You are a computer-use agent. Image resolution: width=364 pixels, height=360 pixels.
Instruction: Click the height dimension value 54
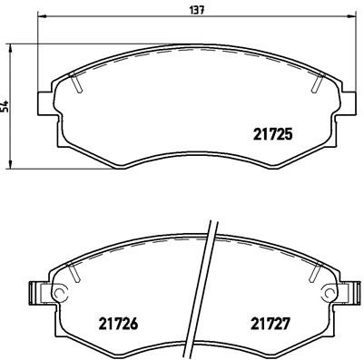6,106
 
